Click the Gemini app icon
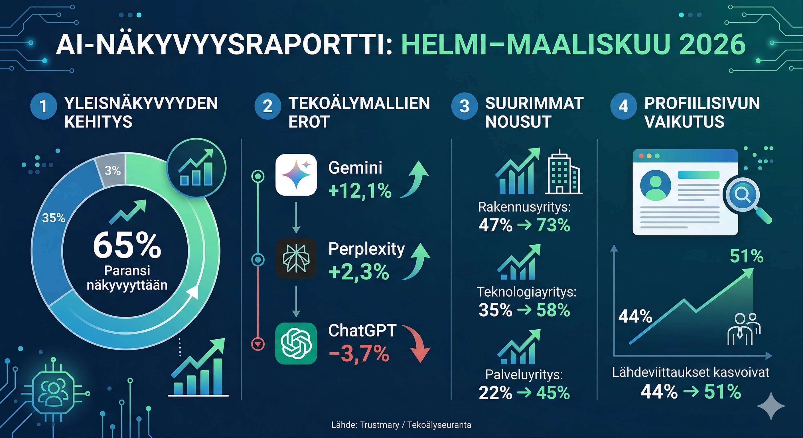[x=296, y=175]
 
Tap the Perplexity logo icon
[x=296, y=258]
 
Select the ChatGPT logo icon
[x=296, y=343]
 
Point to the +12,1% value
[x=360, y=191]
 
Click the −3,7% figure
[x=359, y=354]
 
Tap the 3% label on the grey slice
[x=113, y=171]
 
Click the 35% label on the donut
[x=54, y=218]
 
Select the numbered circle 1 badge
[x=43, y=106]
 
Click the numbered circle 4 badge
[x=623, y=106]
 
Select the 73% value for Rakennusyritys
[x=553, y=225]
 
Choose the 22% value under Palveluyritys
[x=495, y=393]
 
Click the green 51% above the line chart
[x=747, y=257]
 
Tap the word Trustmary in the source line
[x=379, y=425]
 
